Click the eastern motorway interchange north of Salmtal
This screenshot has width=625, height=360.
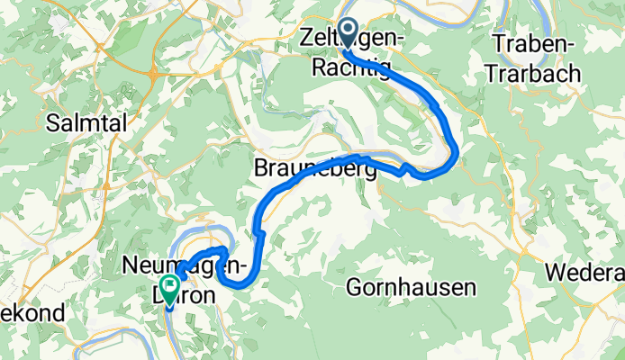(x=158, y=77)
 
